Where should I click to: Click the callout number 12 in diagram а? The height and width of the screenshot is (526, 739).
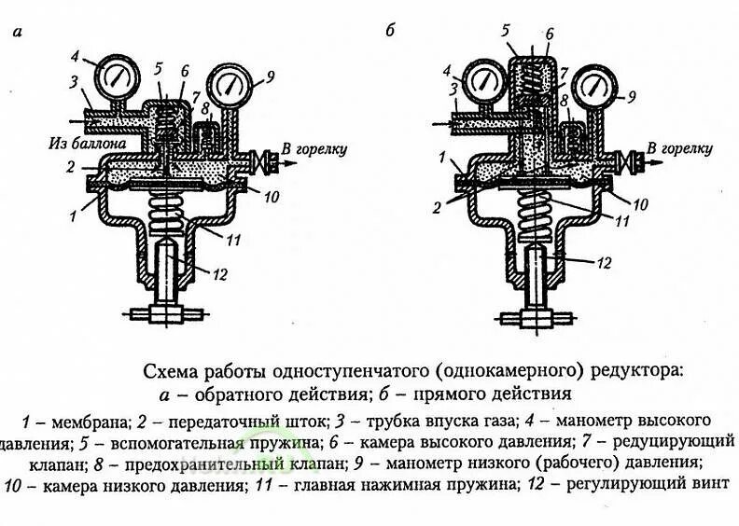220,273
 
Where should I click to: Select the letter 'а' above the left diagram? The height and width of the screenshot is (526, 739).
18,31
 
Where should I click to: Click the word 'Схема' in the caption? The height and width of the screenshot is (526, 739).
167,370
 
